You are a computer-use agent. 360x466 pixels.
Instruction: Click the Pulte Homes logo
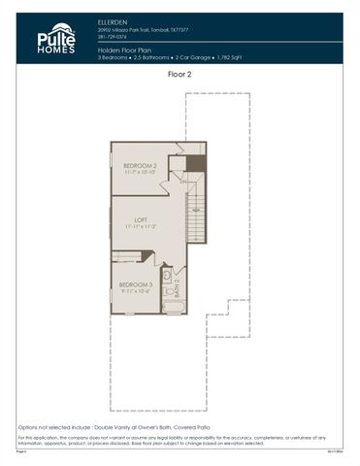point(55,39)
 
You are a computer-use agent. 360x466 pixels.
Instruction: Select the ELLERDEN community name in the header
point(113,19)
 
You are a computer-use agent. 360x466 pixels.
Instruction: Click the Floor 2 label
point(180,74)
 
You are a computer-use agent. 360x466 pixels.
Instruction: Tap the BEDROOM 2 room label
point(140,166)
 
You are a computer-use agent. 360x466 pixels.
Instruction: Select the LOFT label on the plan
point(142,220)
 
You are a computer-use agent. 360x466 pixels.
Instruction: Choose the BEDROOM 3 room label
point(136,283)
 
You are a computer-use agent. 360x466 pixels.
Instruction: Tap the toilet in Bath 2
point(168,290)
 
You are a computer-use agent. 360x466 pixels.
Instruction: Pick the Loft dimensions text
point(142,228)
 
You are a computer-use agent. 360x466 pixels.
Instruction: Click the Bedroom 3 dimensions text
point(136,291)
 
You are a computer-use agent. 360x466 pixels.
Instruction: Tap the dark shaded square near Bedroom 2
point(196,161)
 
